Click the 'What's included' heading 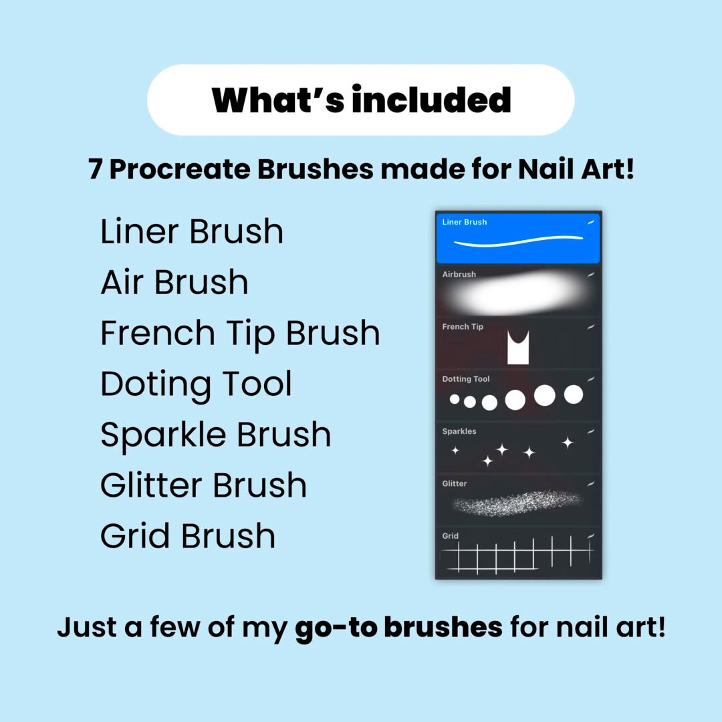(361, 100)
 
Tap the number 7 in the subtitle (95, 169)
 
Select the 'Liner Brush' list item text (192, 231)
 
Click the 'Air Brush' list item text (174, 282)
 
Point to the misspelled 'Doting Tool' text (196, 384)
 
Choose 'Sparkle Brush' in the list (215, 436)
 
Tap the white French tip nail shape (518, 347)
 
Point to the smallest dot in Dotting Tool (455, 399)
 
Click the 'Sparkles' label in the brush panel (459, 431)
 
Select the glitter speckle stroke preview (517, 503)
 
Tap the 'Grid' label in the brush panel (451, 536)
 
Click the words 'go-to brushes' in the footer (398, 628)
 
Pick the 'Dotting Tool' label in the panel (465, 379)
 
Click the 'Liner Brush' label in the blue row (464, 222)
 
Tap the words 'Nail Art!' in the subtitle (576, 169)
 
